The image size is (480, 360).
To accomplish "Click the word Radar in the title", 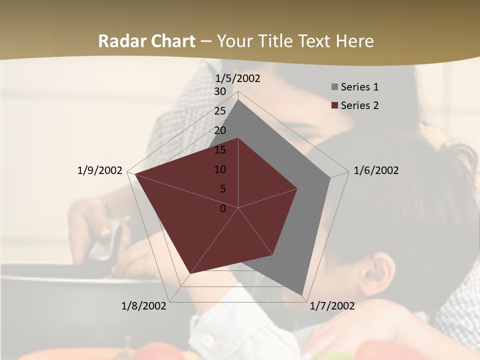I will (118, 41).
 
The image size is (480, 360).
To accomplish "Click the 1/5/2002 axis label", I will (238, 78).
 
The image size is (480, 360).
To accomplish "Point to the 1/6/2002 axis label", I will (376, 170).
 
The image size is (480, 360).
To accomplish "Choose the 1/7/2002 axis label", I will (332, 306).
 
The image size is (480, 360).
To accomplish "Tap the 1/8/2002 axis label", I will (144, 306).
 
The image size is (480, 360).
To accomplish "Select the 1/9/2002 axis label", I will (100, 170).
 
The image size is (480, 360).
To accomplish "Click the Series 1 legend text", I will (359, 87).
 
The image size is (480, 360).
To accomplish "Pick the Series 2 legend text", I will (359, 105).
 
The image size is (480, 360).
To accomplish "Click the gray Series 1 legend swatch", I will (335, 87).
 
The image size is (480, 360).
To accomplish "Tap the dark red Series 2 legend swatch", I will (335, 105).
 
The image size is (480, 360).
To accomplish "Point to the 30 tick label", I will (220, 91).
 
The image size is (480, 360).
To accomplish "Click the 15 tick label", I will (220, 150).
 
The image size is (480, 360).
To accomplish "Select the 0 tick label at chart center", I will (223, 208).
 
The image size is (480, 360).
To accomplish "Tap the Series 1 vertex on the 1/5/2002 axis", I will (238, 99).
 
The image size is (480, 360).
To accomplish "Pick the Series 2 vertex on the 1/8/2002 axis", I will (190, 273).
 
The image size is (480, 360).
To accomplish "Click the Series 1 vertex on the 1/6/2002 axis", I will (330, 177).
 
